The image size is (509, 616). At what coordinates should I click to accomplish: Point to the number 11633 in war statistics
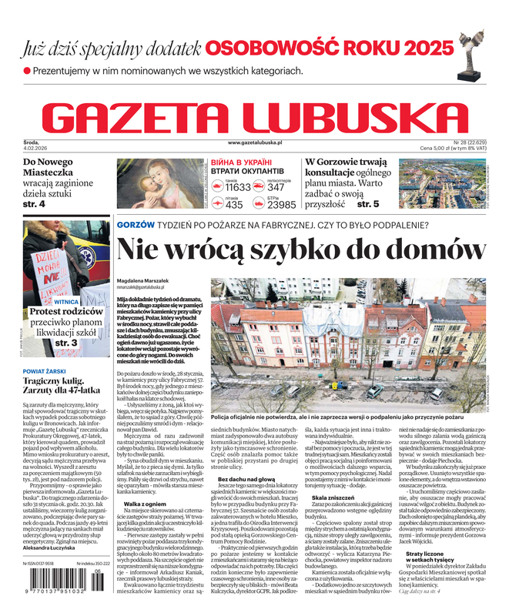point(238,187)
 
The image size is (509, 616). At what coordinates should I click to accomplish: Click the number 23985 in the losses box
point(281,205)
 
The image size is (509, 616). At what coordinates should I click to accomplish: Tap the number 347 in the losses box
point(276,187)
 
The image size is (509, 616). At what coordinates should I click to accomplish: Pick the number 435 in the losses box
point(234,205)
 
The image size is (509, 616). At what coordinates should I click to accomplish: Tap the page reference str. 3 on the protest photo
point(65,342)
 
